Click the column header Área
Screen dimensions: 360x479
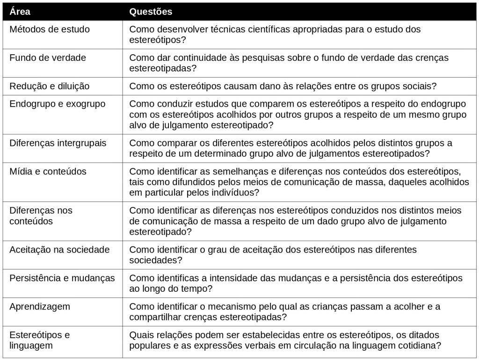(20, 12)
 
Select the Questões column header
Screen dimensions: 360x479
(151, 12)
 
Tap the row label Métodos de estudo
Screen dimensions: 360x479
(50, 29)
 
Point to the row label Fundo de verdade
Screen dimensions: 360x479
(48, 58)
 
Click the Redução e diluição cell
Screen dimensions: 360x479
(50, 86)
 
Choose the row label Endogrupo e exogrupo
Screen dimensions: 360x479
(58, 104)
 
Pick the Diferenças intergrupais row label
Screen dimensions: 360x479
(58, 143)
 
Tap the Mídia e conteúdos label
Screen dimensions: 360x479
(48, 172)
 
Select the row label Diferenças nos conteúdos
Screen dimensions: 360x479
(41, 216)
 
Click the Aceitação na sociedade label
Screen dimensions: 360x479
(59, 250)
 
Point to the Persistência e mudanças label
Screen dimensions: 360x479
(62, 278)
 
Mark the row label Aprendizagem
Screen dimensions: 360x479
(40, 307)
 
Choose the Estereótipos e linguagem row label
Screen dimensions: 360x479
(40, 340)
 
